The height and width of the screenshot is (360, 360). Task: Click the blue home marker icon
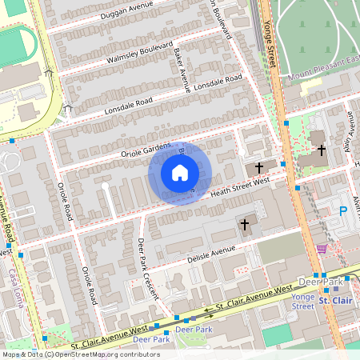pos(180,173)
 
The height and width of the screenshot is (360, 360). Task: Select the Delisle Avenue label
pos(211,254)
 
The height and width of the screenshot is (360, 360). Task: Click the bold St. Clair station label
pos(336,300)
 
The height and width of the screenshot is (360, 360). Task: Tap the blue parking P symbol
pos(344,211)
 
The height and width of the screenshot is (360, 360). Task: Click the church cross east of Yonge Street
pos(322,150)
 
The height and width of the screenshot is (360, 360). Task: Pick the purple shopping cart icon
pos(322,249)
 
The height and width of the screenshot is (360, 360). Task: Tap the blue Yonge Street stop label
pos(303,301)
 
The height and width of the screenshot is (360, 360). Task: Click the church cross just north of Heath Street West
pos(259,168)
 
